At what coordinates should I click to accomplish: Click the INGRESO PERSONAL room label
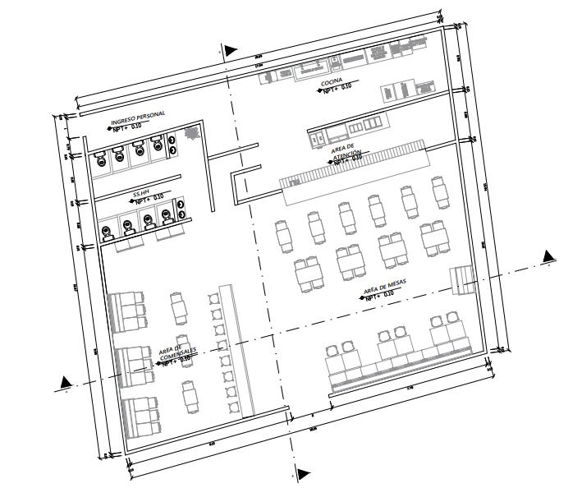coord(138,116)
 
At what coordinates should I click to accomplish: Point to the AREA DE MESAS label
coord(389,288)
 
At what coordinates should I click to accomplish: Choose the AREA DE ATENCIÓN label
coord(346,152)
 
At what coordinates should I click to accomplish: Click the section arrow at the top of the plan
coord(231,51)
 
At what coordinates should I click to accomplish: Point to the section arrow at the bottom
coord(303,474)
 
